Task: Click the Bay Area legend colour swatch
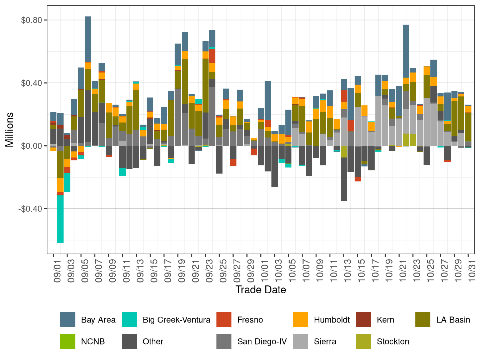pos(67,320)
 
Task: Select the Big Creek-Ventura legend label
pos(176,320)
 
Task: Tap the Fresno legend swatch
pos(224,320)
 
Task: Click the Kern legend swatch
pos(364,320)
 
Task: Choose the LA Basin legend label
pos(453,320)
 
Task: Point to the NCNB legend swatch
pos(67,341)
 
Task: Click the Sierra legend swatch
pos(300,341)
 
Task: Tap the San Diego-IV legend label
pos(262,341)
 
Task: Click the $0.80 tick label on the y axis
pos(32,20)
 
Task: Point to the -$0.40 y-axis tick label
pos(30,209)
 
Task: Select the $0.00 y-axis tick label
pos(32,146)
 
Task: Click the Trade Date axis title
pos(261,290)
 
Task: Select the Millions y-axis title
pos(9,129)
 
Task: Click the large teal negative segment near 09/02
pos(60,219)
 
